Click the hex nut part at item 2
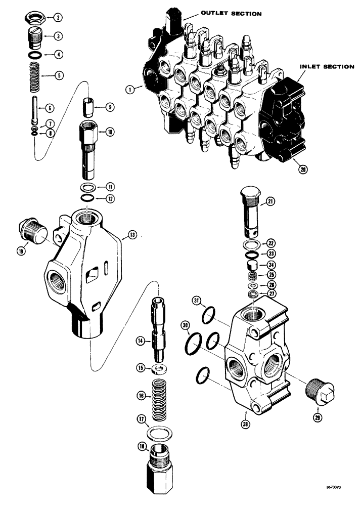(34, 19)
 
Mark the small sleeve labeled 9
(89, 108)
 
